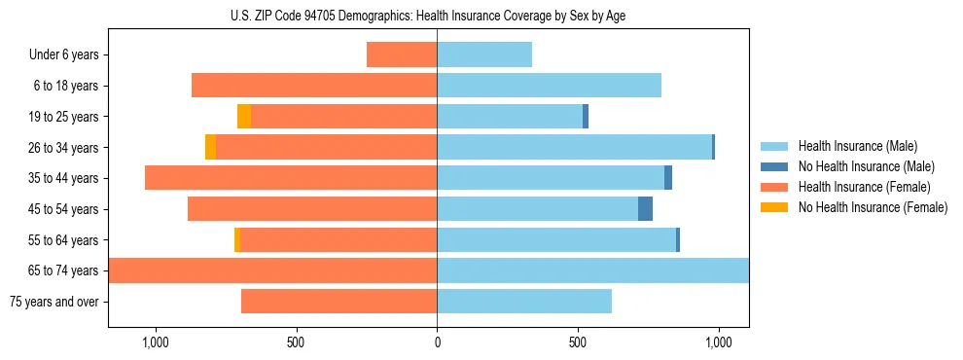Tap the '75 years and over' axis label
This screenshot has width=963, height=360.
54,302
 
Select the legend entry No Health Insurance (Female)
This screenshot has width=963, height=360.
872,207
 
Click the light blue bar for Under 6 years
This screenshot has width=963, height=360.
484,55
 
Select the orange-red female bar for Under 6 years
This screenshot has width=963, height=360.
402,55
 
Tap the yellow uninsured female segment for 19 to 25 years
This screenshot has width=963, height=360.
244,117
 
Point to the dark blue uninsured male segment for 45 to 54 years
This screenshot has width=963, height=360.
645,209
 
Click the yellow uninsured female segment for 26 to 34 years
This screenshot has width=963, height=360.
210,148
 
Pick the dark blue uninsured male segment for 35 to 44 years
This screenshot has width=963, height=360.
668,178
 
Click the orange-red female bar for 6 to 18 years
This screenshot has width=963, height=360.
314,86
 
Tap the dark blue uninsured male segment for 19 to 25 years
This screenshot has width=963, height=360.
586,117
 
